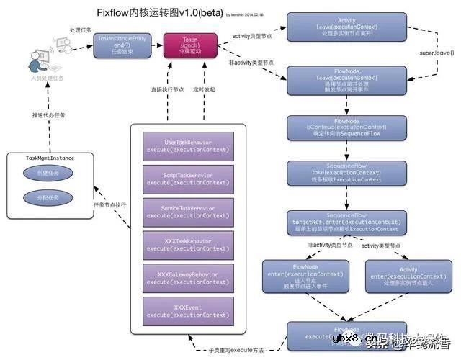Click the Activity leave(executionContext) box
click(347, 27)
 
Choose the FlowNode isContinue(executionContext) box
click(347, 127)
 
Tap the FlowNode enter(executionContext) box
click(297, 276)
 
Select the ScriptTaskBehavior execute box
click(187, 179)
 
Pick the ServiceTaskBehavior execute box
click(187, 212)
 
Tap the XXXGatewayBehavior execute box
click(187, 279)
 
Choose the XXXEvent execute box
click(187, 312)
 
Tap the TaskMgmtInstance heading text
click(50, 158)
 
